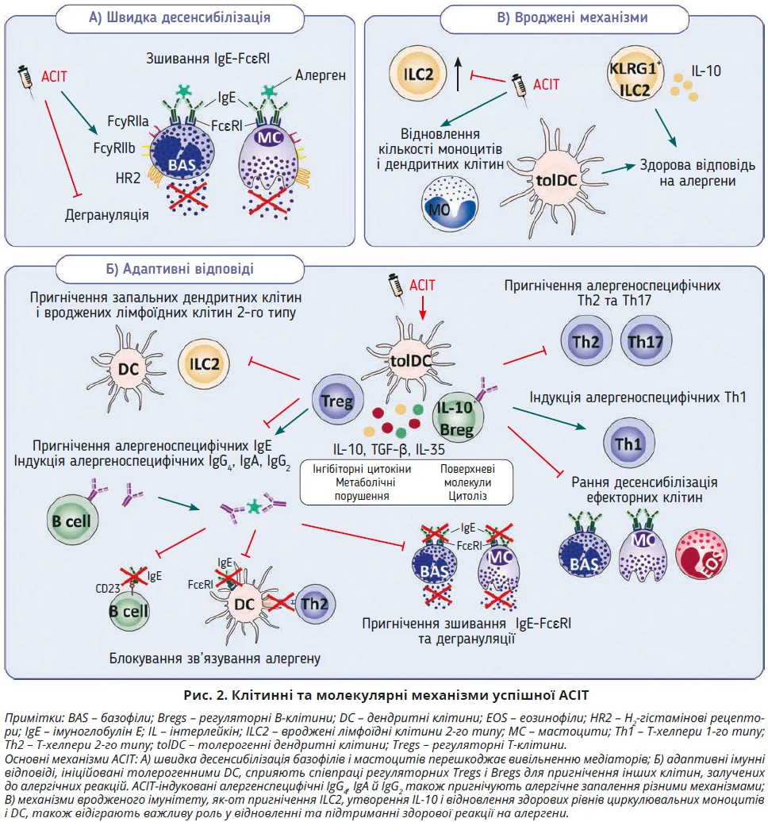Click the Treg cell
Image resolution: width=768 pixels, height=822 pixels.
pos(333,402)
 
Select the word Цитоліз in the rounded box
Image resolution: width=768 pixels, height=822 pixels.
pos(467,496)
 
